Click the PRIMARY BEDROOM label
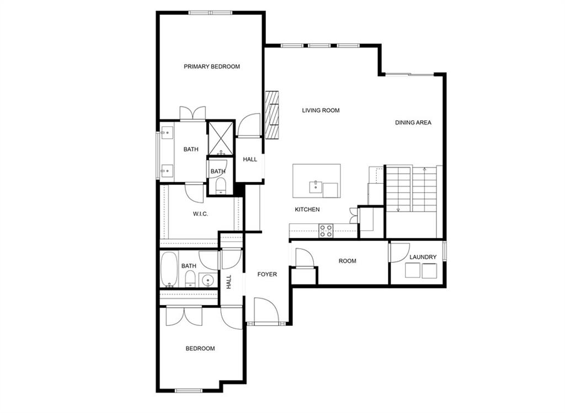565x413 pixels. point(212,67)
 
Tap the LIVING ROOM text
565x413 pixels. point(321,110)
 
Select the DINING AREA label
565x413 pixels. point(413,122)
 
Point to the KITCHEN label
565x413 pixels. point(307,210)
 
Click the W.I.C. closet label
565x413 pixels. point(200,214)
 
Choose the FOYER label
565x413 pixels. point(267,275)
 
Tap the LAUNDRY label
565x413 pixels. point(423,257)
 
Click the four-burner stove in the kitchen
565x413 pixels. point(326,231)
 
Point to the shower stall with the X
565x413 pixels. point(221,138)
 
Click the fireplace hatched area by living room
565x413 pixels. point(273,115)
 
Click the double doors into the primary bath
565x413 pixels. point(193,113)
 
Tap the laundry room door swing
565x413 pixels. point(400,253)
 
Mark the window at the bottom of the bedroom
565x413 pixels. point(189,390)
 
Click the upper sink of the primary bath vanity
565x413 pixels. point(167,132)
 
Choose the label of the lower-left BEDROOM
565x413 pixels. point(200,348)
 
